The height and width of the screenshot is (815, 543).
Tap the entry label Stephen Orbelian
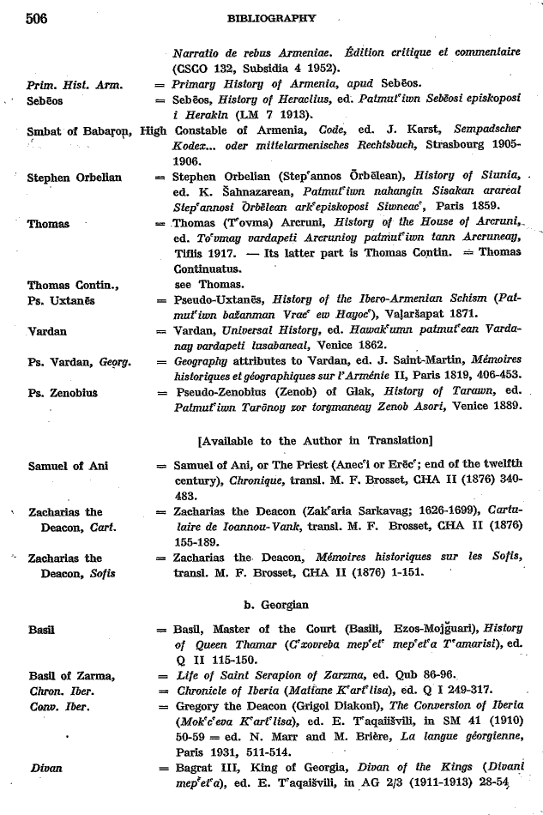pyautogui.click(x=75, y=178)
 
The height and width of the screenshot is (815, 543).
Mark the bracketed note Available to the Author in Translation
pyautogui.click(x=315, y=441)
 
